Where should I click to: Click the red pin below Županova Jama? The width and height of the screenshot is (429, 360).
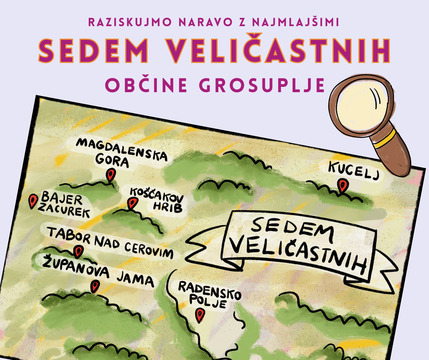click(95, 286)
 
